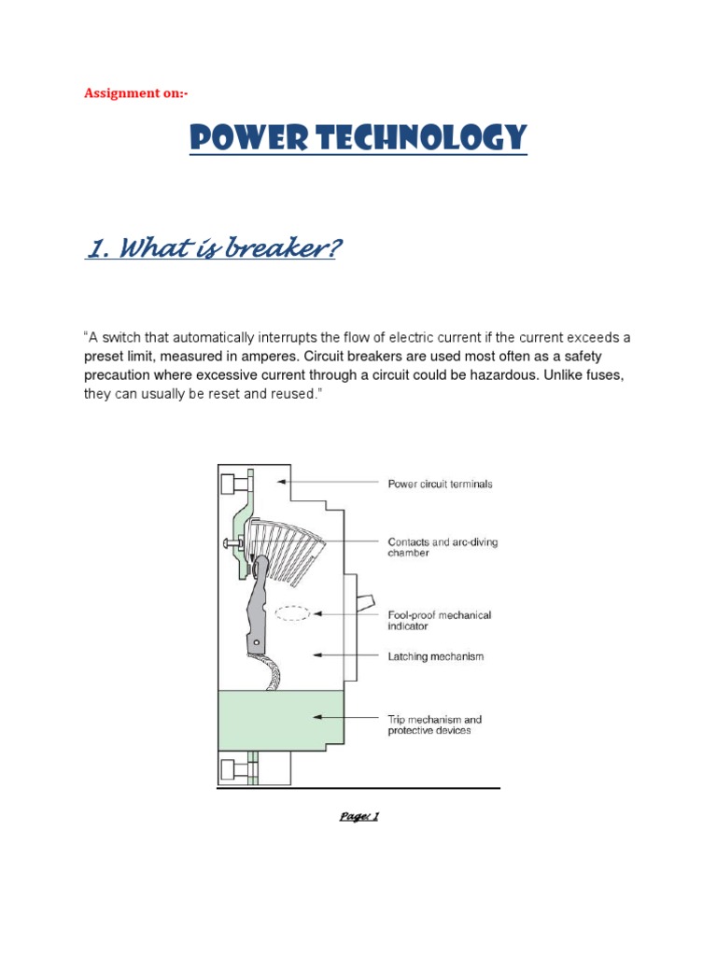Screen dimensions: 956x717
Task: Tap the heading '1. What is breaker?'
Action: [211, 250]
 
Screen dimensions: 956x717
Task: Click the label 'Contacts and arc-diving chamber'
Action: [443, 547]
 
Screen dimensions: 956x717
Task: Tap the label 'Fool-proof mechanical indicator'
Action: [439, 621]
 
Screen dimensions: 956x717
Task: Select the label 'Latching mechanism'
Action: [436, 656]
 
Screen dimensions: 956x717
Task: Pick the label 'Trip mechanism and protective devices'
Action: [435, 724]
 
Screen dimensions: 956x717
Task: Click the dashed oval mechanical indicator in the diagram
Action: [291, 614]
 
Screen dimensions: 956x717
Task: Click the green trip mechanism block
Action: [280, 719]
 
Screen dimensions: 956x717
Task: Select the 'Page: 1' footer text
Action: [358, 816]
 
